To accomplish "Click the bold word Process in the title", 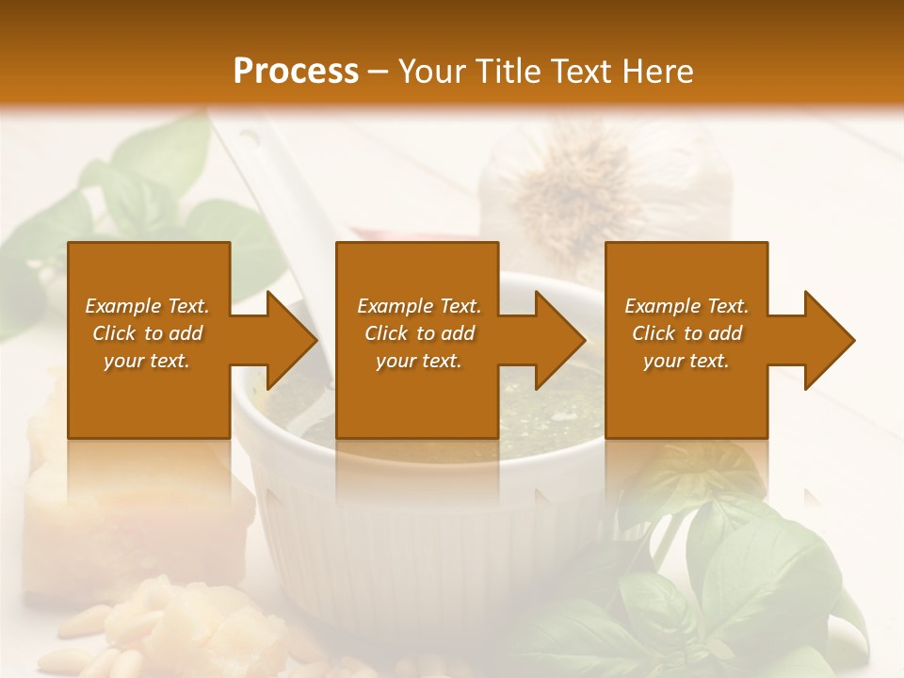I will coord(296,71).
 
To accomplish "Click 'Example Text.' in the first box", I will coord(147,306).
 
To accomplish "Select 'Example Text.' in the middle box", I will coord(419,306).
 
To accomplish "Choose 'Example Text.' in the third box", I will coord(686,306).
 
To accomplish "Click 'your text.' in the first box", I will coord(147,361).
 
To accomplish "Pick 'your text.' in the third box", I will coord(686,361).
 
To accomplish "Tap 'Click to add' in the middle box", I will coord(419,333).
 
